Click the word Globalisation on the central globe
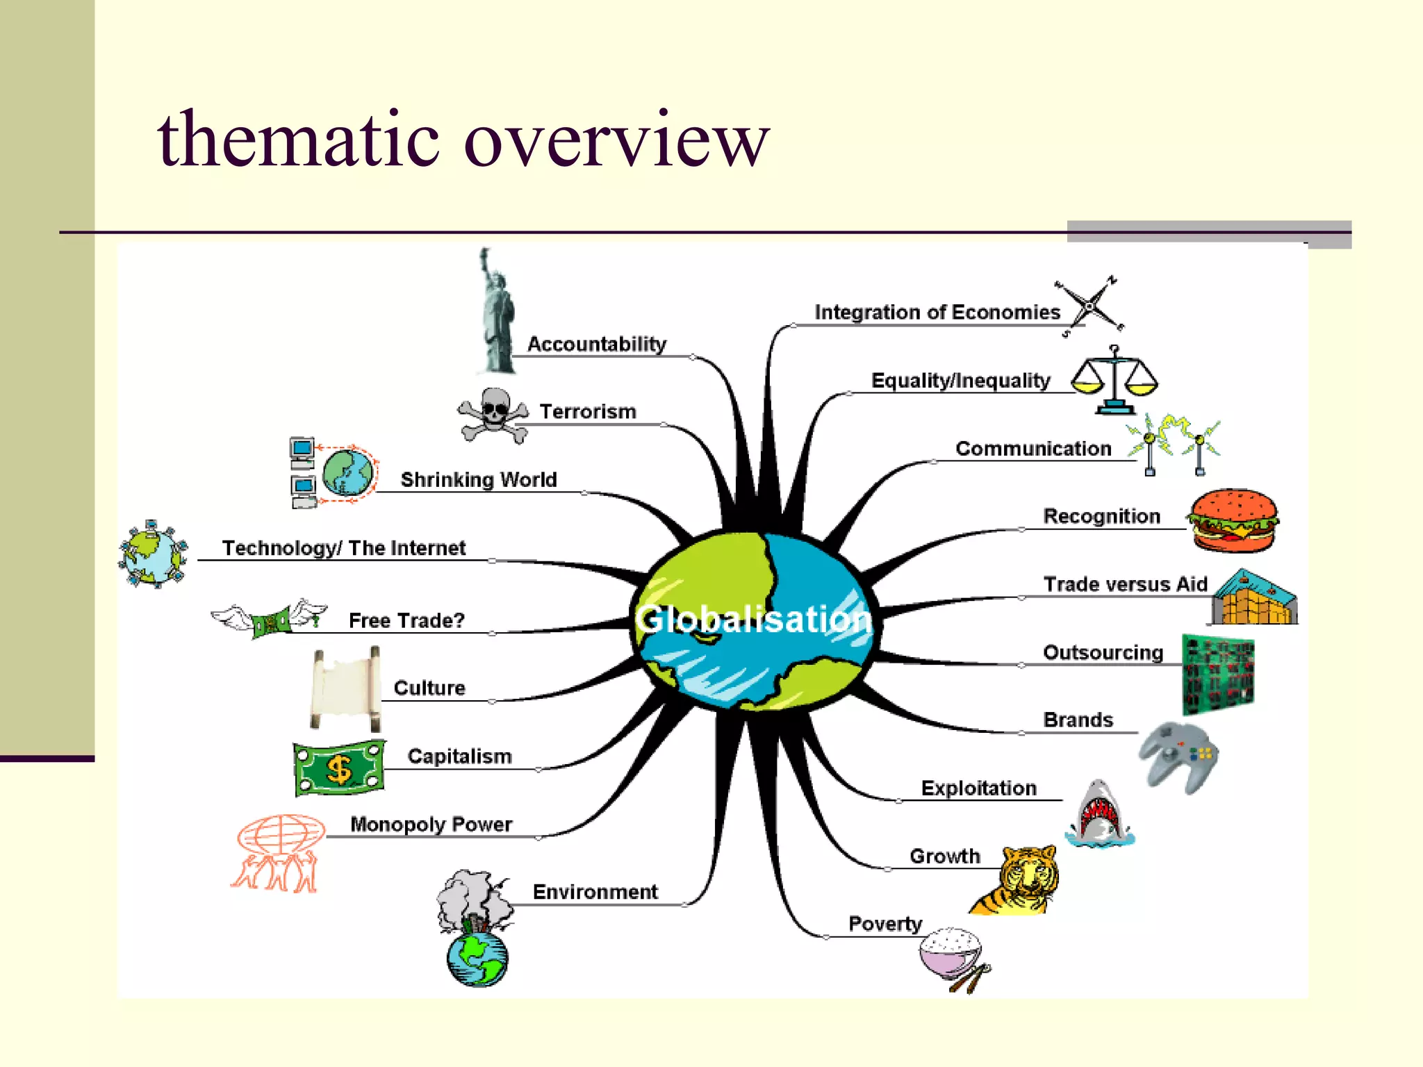coord(753,619)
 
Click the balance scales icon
coord(1114,380)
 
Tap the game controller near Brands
coord(1178,757)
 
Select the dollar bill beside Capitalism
coord(339,768)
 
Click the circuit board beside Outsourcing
coord(1218,674)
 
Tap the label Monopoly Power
coord(431,825)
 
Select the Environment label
coord(595,892)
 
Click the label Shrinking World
coord(479,480)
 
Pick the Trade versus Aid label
coord(1126,584)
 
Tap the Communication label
coord(1033,449)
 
